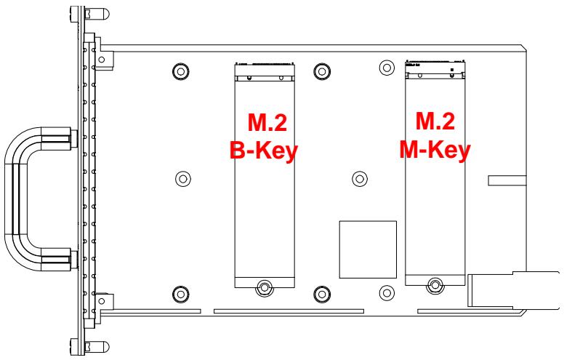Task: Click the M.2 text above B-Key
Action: click(267, 122)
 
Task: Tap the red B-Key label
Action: click(264, 151)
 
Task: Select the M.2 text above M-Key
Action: click(435, 121)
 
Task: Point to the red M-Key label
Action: click(435, 149)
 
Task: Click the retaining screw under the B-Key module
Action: click(265, 288)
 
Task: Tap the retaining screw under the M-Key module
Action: click(435, 286)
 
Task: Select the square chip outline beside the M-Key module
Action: click(368, 249)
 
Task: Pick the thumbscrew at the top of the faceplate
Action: click(89, 14)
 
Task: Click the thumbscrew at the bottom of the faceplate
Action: click(89, 347)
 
